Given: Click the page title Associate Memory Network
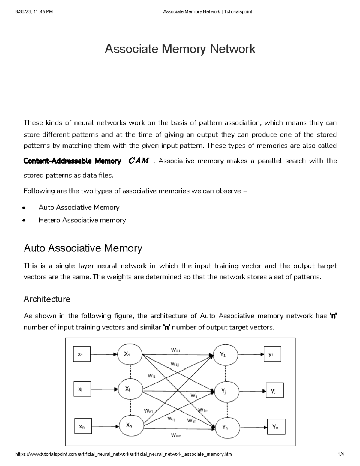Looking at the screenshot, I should coord(180,49).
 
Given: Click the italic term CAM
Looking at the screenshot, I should coord(139,161).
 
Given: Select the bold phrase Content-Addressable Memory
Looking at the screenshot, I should coord(72,161).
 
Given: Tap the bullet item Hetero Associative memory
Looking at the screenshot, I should coord(82,220).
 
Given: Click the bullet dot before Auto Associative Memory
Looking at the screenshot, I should coord(24,208).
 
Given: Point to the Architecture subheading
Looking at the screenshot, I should coord(47,299).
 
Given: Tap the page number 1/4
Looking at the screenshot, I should coord(340,454).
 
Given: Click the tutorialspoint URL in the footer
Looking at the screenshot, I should coord(123,454).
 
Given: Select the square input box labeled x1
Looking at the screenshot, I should coord(82,354).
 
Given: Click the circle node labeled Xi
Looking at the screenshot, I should coord(130,390).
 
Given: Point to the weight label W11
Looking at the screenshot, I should coord(175,350).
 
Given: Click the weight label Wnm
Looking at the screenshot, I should coord(176,435).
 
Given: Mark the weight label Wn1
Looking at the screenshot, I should coord(148,411).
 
